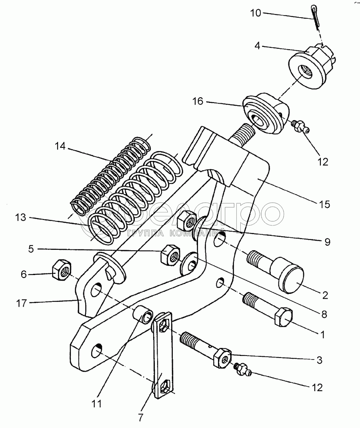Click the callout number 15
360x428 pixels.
point(325,204)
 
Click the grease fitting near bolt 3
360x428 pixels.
point(242,369)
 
